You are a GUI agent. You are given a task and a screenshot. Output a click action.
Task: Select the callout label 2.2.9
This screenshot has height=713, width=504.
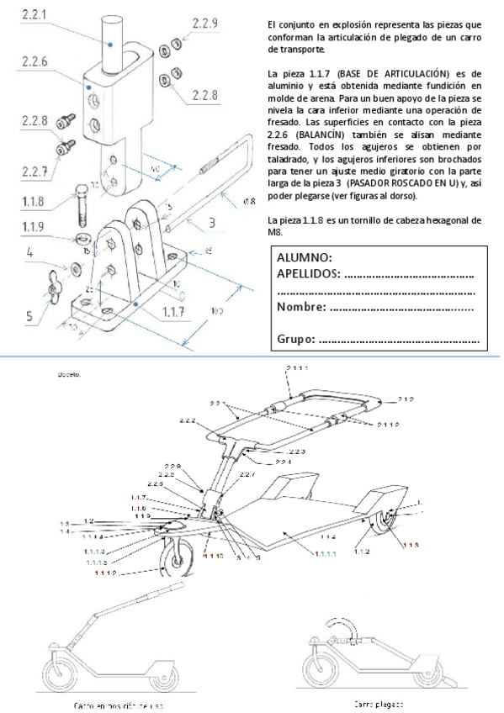coord(204,24)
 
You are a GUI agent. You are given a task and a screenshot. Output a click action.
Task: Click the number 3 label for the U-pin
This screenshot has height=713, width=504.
coord(212,222)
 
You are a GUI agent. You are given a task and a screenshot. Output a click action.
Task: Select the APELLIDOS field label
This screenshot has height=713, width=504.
coord(308,273)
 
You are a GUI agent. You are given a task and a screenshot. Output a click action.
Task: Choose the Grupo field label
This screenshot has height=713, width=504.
coord(295,339)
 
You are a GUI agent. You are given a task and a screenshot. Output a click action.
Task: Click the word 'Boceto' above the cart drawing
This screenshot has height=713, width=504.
coord(69,374)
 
